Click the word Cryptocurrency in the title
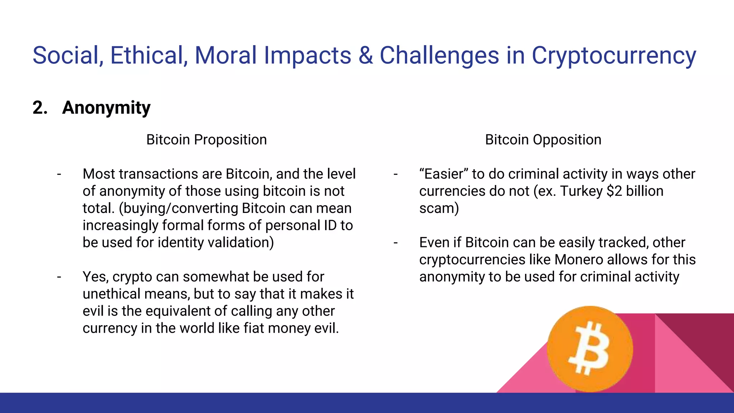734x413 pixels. pyautogui.click(x=613, y=56)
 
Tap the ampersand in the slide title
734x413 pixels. pyautogui.click(x=365, y=56)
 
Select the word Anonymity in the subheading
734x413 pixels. pyautogui.click(x=106, y=108)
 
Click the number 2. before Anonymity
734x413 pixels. pyautogui.click(x=40, y=108)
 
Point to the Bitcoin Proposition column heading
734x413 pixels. pyautogui.click(x=206, y=140)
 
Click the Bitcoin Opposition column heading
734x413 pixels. pyautogui.click(x=543, y=140)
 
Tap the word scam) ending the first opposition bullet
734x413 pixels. pyautogui.click(x=439, y=208)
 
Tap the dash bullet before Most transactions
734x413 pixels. pyautogui.click(x=59, y=174)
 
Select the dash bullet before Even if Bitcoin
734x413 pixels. pyautogui.click(x=396, y=243)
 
